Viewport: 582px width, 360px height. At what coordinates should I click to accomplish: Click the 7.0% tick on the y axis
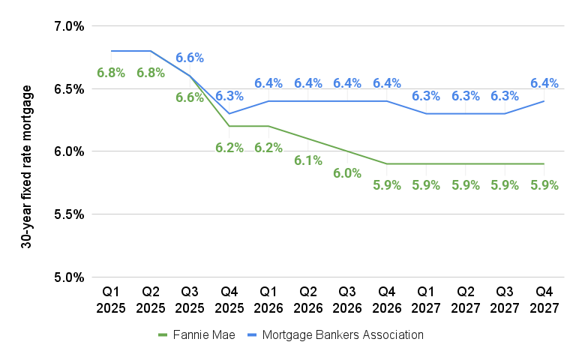tap(69, 26)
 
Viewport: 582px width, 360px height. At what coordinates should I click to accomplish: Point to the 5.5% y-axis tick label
tap(69, 214)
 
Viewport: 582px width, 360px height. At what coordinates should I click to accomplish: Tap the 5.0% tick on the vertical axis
tap(69, 277)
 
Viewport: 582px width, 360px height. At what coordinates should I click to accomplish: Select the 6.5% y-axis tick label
tap(69, 89)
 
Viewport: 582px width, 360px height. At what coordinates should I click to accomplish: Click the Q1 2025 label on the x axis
tap(111, 298)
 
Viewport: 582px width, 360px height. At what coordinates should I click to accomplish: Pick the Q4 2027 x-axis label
tap(544, 298)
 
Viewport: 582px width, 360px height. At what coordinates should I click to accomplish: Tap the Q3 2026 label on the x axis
tap(347, 298)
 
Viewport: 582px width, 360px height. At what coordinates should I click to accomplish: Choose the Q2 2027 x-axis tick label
tap(465, 298)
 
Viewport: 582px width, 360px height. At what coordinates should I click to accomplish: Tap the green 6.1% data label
tap(308, 160)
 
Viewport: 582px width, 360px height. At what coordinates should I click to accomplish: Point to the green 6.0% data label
tap(347, 173)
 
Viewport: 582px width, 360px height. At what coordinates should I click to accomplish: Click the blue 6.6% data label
tap(190, 58)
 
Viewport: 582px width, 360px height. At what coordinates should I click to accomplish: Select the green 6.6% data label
tap(190, 97)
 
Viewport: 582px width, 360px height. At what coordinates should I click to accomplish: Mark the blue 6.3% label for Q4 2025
tap(229, 96)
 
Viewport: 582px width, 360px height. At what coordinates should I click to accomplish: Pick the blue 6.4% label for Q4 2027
tap(544, 83)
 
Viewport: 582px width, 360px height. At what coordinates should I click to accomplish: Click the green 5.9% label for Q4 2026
tap(387, 186)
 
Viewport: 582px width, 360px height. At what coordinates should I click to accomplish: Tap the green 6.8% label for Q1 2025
tap(111, 73)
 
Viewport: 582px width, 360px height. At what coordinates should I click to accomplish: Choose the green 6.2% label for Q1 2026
tap(268, 148)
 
